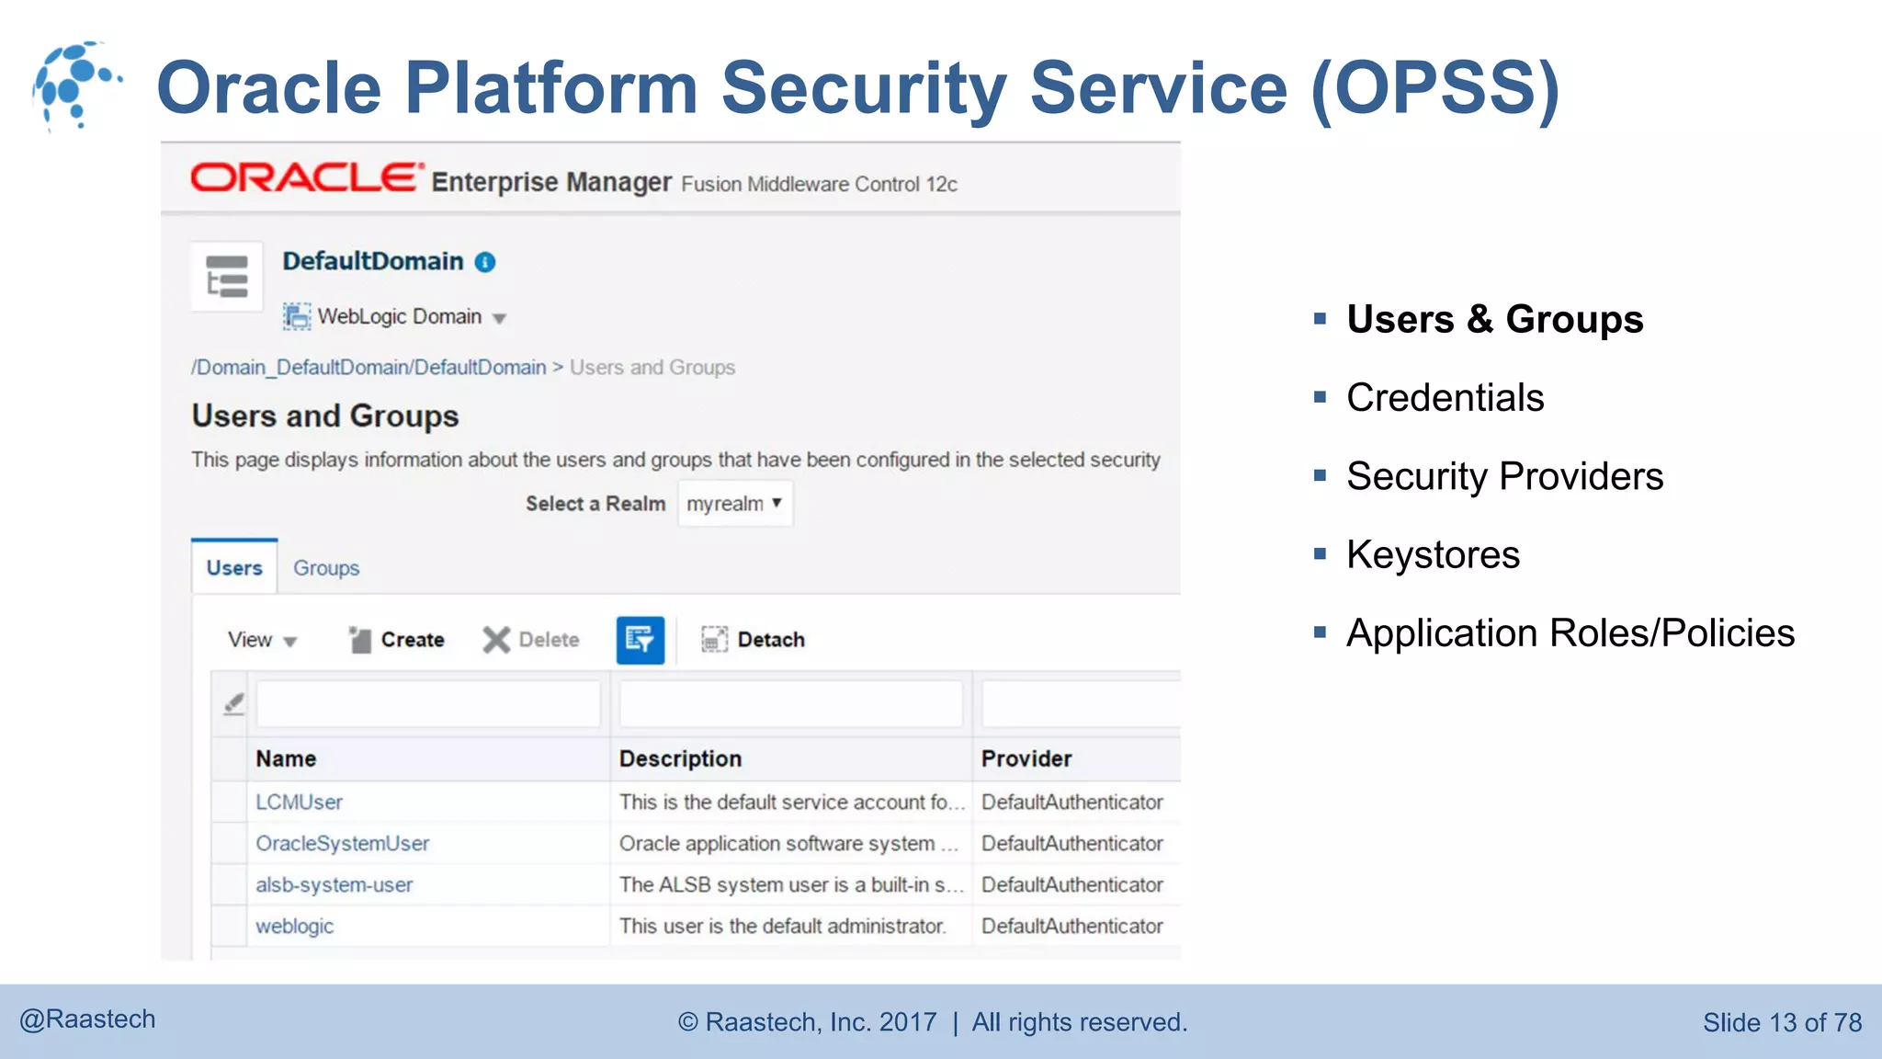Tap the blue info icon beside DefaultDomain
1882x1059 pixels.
[x=485, y=263]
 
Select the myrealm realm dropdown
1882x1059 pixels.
[x=734, y=504]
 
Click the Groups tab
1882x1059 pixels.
[x=326, y=568]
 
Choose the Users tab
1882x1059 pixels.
[x=234, y=568]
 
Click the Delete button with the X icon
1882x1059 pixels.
[x=532, y=640]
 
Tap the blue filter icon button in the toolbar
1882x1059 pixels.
[x=640, y=640]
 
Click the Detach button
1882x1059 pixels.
[x=754, y=640]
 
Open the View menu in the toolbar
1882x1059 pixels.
[x=262, y=640]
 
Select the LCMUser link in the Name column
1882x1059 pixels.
[x=299, y=803]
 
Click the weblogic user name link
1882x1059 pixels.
[x=294, y=927]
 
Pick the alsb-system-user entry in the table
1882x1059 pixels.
[x=334, y=885]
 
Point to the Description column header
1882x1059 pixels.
[x=680, y=759]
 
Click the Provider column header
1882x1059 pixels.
[x=1026, y=759]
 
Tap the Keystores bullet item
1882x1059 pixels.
[x=1433, y=555]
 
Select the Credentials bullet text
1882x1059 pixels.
[x=1445, y=398]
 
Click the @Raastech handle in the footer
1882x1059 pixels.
[x=88, y=1019]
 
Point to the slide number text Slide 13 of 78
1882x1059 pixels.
[x=1782, y=1022]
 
